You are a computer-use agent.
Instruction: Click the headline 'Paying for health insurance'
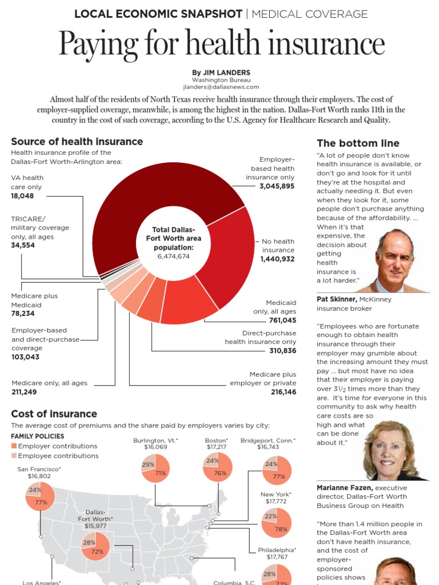(x=221, y=45)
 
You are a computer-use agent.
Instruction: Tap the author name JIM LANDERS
(x=221, y=73)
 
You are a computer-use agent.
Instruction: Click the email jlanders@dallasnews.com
(x=221, y=87)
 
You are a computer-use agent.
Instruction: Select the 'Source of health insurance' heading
(x=77, y=142)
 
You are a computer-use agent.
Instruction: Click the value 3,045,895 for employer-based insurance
(x=277, y=186)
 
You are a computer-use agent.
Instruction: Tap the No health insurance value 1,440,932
(x=277, y=259)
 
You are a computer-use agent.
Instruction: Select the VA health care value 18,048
(x=22, y=196)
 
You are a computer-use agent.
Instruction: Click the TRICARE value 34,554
(x=23, y=245)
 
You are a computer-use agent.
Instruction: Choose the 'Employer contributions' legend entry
(x=57, y=446)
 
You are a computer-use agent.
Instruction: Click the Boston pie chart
(x=217, y=467)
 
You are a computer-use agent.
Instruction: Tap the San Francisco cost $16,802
(x=39, y=476)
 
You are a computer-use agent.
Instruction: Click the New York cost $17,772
(x=276, y=502)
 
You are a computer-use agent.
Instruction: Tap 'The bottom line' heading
(x=358, y=143)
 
